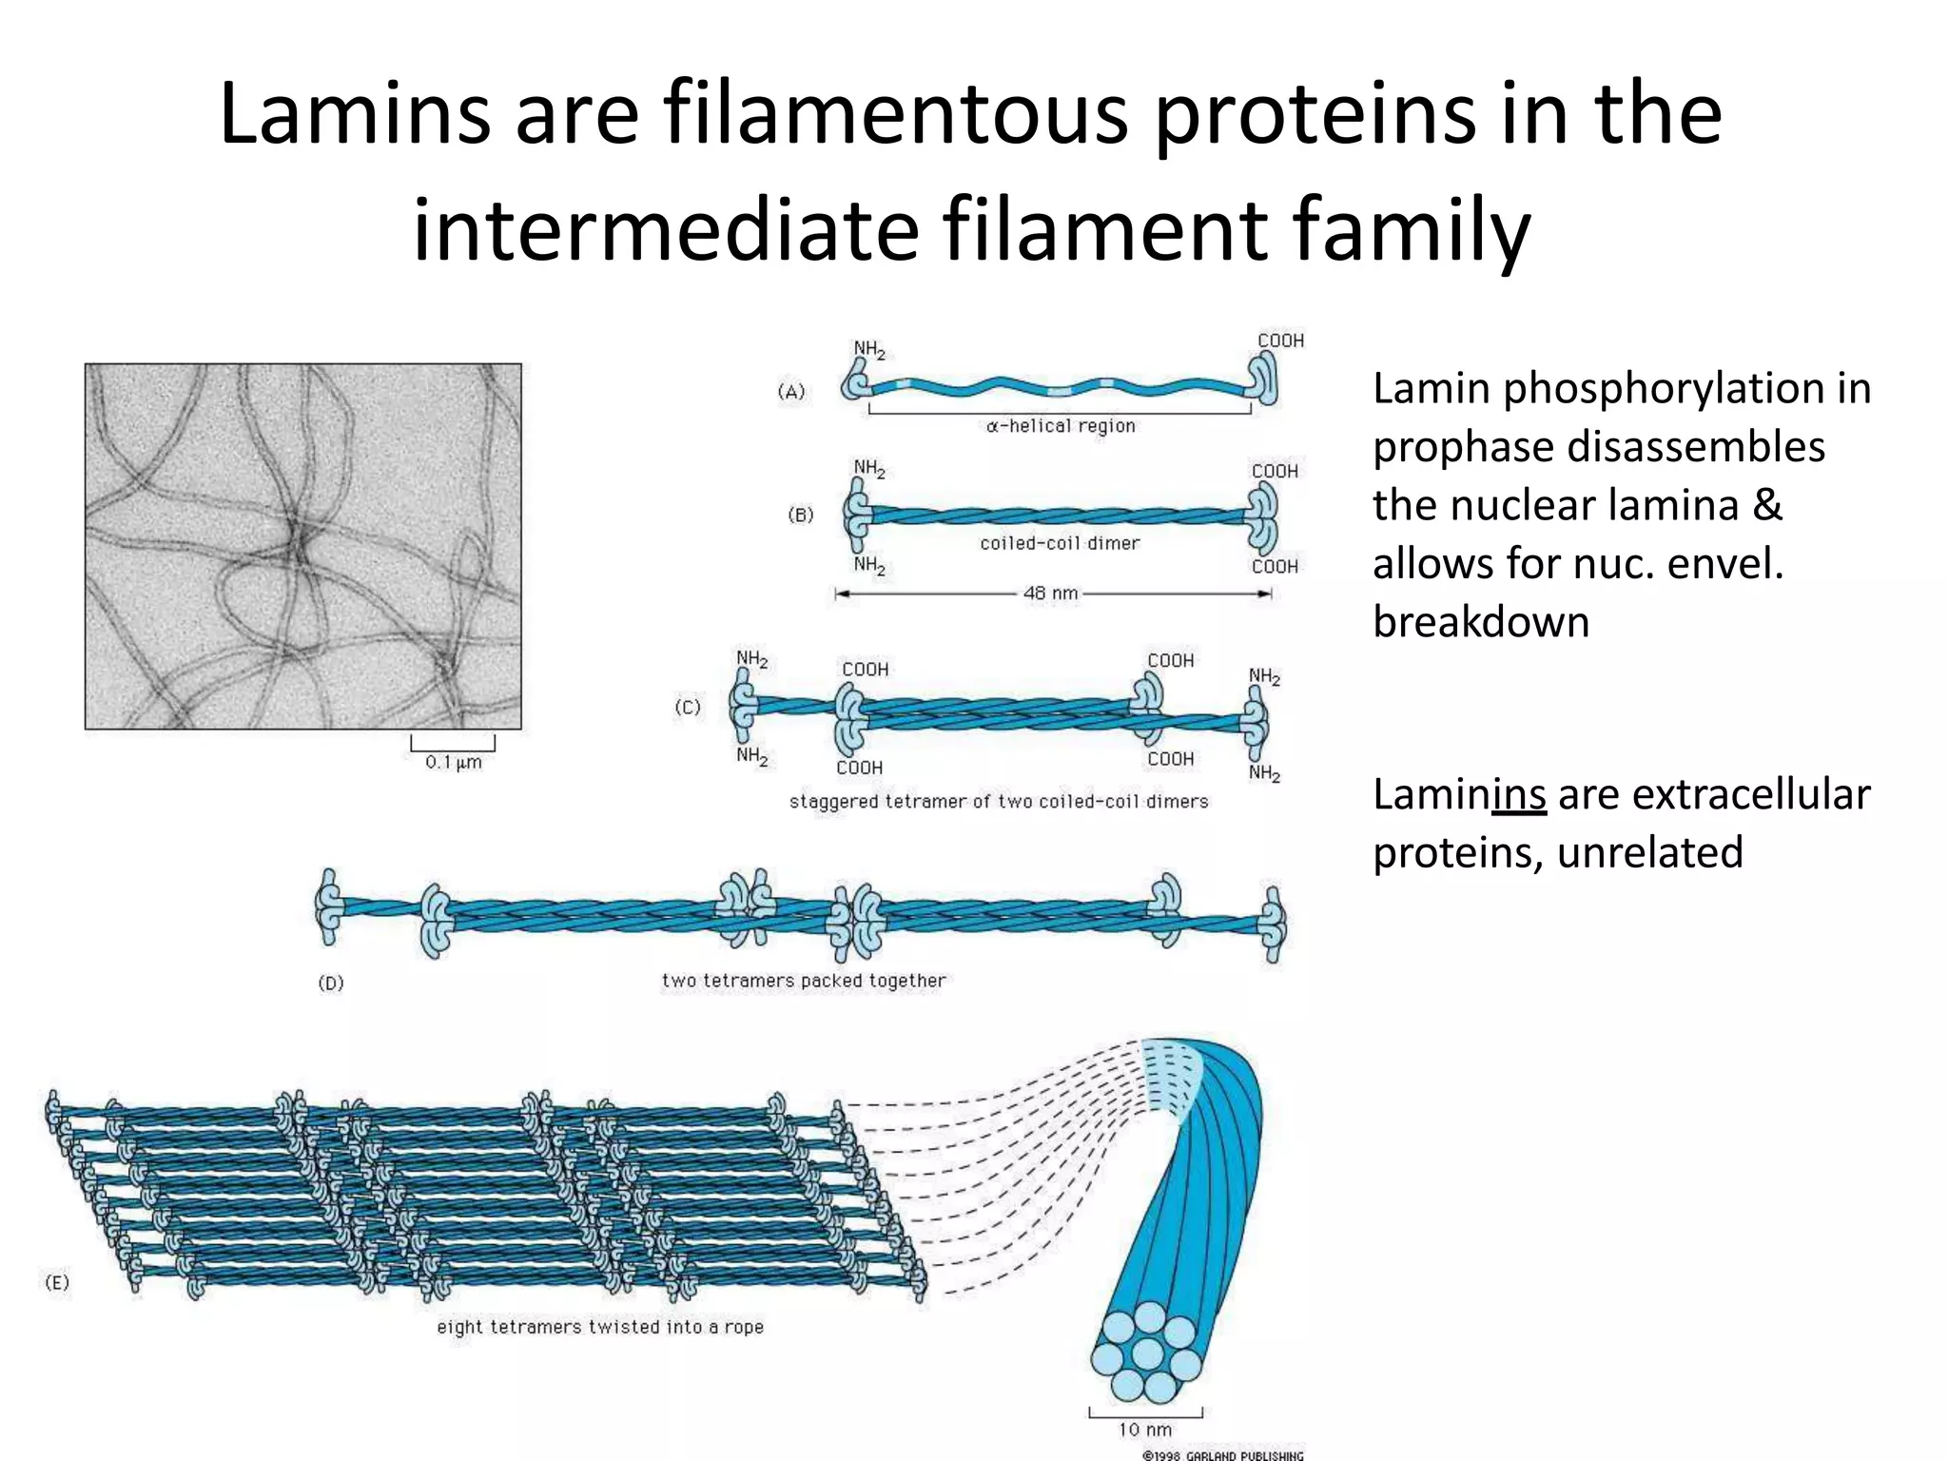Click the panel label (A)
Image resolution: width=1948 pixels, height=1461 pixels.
coord(791,391)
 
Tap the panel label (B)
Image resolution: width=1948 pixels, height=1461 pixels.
coord(801,515)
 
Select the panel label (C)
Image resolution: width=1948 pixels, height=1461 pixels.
coord(688,707)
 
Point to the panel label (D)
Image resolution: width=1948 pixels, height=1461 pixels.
coord(331,983)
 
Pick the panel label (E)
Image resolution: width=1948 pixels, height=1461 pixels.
coord(57,1282)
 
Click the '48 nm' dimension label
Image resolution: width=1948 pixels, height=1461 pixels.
coord(1050,594)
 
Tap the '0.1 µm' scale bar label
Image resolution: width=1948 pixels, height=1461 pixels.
coord(454,762)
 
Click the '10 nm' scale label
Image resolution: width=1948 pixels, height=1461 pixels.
coord(1145,1430)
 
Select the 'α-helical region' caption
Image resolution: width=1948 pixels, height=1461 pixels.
coord(1061,426)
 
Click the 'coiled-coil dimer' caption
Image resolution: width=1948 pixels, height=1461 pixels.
coord(1060,543)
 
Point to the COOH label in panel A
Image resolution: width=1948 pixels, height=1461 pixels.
coord(1280,341)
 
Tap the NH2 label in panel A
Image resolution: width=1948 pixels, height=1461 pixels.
coord(869,349)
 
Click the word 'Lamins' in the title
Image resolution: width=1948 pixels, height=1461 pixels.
coord(355,114)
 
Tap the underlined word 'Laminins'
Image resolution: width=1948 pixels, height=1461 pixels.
coord(1459,794)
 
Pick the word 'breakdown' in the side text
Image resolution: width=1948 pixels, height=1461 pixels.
coord(1481,622)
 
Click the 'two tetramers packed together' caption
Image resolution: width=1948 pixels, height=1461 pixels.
coord(804,981)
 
